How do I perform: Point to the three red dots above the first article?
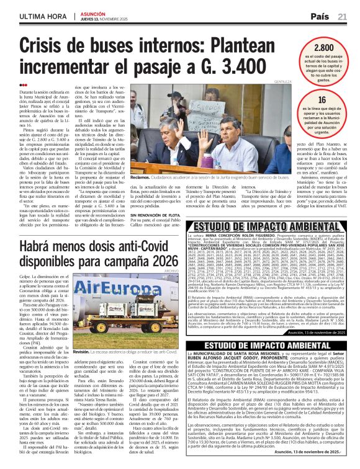click(x=24, y=85)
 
